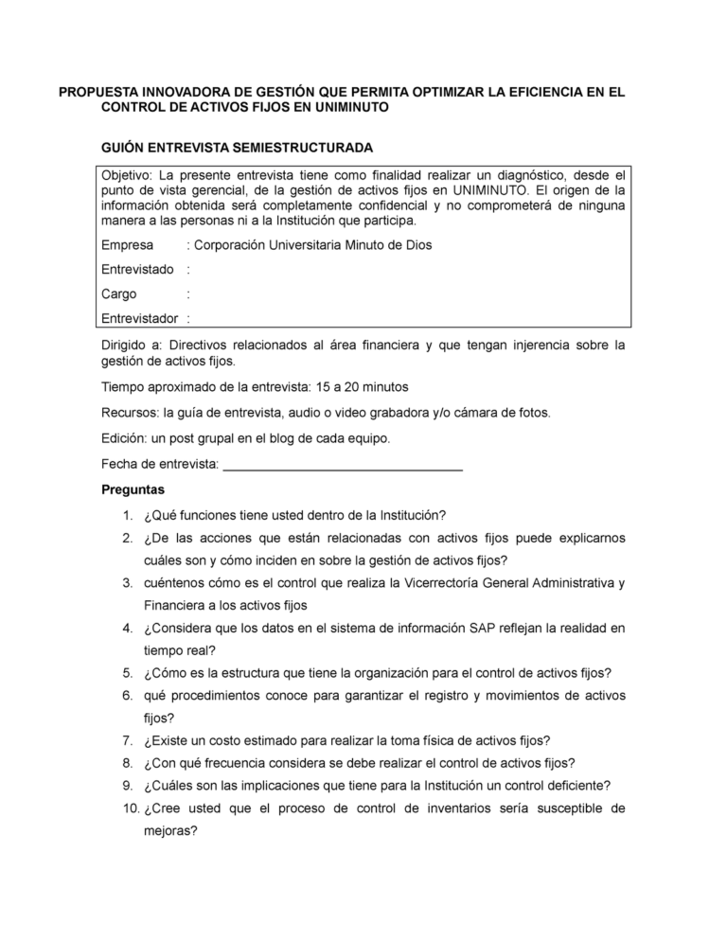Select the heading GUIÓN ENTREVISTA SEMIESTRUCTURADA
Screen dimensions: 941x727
pos(237,148)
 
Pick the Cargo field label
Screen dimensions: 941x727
pos(119,294)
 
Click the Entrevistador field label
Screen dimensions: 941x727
pos(141,319)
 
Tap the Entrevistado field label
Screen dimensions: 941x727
pos(137,270)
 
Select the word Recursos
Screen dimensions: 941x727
pos(130,413)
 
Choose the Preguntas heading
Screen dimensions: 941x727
pos(133,490)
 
